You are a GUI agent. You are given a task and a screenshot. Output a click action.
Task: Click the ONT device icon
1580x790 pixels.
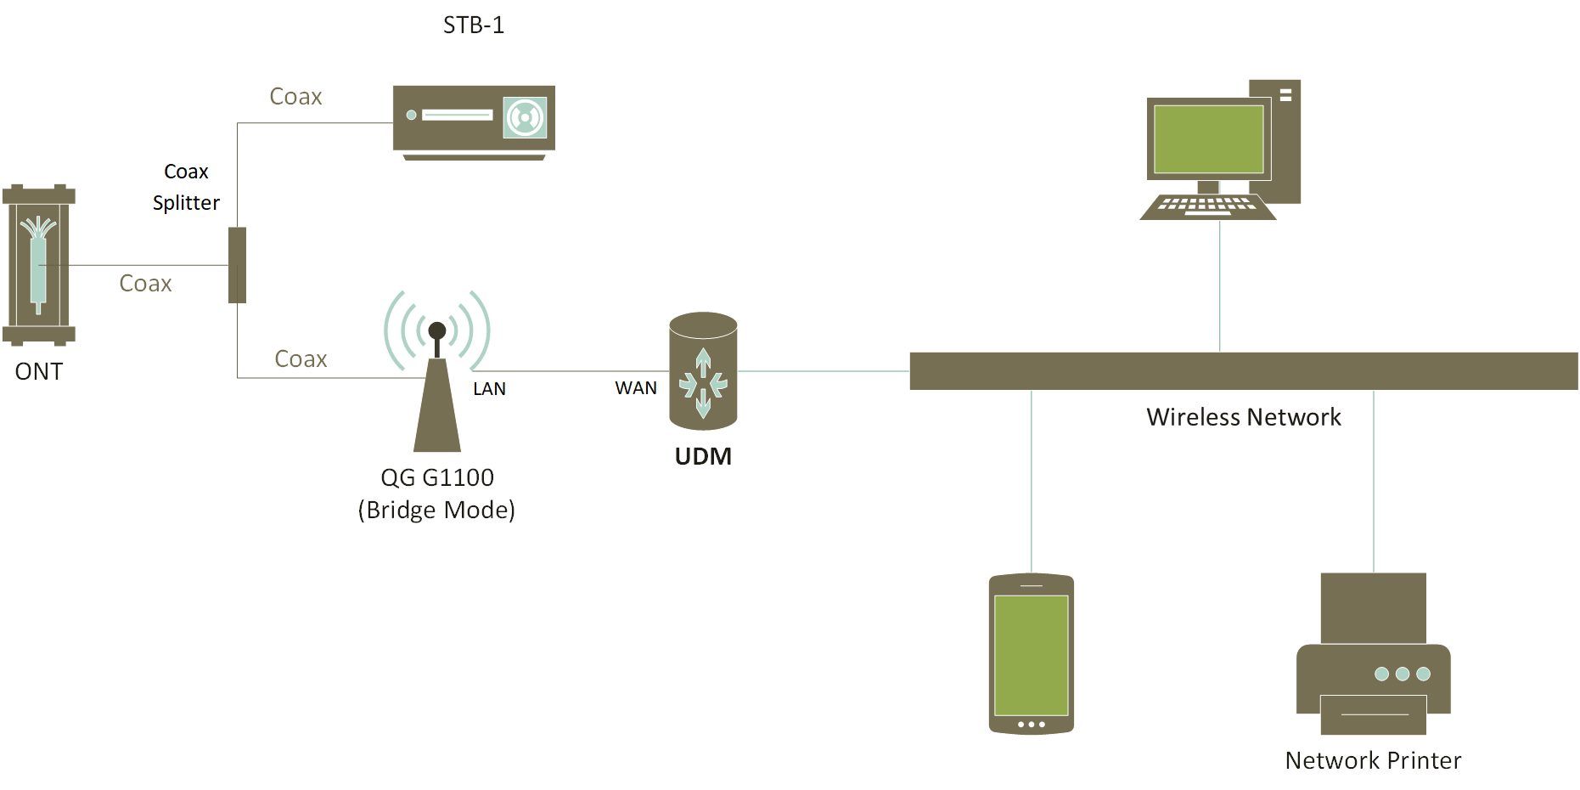point(38,264)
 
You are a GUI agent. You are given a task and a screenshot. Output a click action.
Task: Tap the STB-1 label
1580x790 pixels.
point(474,25)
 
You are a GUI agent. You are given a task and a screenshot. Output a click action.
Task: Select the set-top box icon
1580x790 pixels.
point(474,121)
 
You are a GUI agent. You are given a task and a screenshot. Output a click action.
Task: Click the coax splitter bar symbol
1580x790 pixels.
point(237,265)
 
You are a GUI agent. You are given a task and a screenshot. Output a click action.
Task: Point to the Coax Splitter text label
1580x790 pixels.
point(186,187)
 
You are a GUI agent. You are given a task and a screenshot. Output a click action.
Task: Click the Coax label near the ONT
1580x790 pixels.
point(145,284)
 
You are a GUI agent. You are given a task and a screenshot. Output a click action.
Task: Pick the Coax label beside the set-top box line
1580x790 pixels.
point(295,97)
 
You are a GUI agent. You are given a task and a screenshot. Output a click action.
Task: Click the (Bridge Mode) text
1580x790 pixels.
point(436,510)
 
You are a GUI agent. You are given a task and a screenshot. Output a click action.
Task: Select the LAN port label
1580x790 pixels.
point(489,389)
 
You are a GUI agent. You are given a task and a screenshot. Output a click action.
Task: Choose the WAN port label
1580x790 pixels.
point(636,388)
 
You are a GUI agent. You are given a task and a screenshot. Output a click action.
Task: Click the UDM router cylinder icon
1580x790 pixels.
point(702,370)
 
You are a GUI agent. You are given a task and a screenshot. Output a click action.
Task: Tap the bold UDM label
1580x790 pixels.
point(702,456)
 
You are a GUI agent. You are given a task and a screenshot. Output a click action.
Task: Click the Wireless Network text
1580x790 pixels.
point(1243,417)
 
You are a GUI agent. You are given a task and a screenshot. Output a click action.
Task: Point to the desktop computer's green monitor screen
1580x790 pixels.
point(1208,139)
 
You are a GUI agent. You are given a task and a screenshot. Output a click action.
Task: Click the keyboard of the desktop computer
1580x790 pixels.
point(1206,206)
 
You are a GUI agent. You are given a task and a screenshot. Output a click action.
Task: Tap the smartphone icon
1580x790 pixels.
point(1031,653)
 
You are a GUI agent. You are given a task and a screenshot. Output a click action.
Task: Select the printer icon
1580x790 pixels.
point(1373,653)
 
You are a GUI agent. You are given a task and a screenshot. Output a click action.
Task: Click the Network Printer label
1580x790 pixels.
point(1373,760)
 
